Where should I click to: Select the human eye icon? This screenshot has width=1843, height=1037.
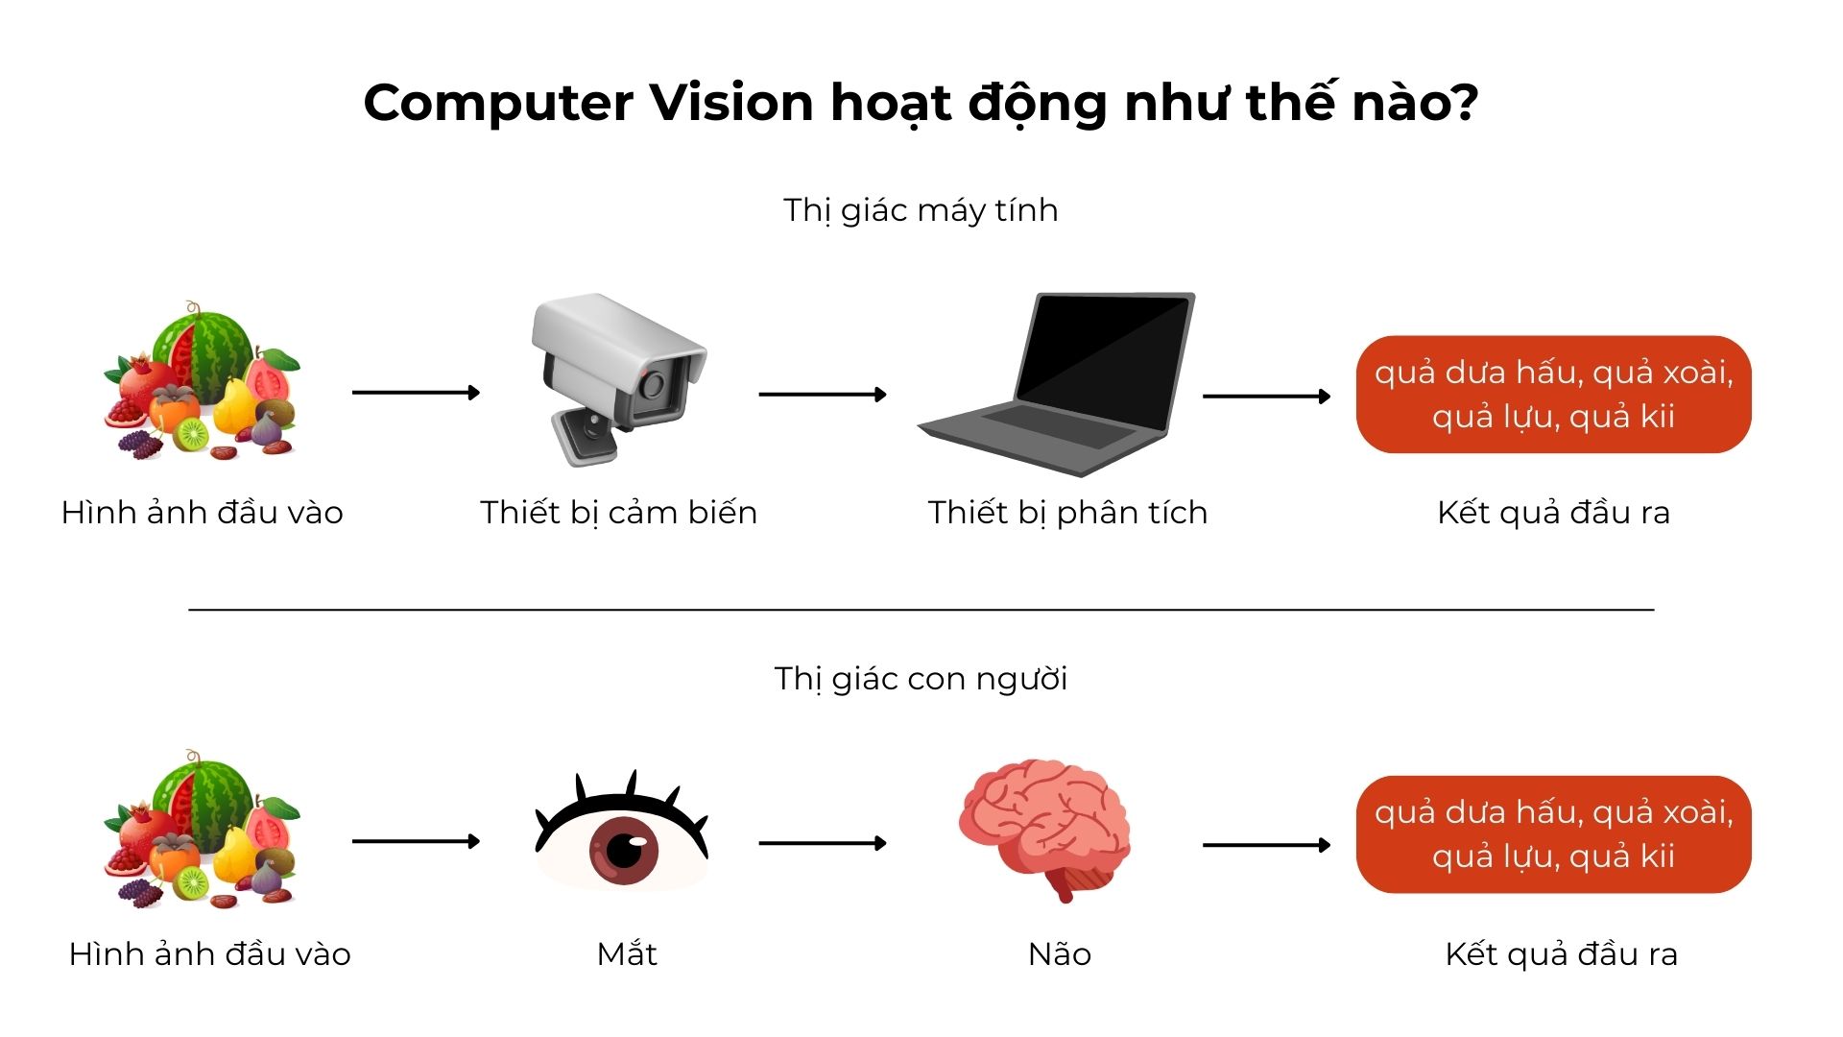coord(622,835)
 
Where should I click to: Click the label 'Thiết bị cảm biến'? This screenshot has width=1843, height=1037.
coord(619,513)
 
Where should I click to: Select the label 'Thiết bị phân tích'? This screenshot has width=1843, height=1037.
coord(1067,513)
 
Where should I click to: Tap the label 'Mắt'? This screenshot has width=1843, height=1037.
coord(627,953)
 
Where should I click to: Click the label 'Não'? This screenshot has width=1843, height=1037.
coord(1060,953)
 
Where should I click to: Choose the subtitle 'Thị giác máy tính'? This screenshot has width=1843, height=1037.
coord(921,210)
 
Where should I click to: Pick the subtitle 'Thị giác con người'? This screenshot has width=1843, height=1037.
coord(921,679)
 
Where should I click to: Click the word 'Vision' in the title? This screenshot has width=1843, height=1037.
coord(732,102)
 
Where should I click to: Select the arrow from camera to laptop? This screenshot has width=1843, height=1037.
coord(823,394)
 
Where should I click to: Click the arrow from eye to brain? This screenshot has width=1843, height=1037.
coord(823,843)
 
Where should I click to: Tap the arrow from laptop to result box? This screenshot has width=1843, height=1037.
coord(1266,396)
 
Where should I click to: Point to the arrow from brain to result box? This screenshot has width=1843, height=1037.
coord(1266,845)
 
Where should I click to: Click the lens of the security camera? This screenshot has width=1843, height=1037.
coord(654,385)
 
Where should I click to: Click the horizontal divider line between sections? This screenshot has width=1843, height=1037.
coord(921,609)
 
